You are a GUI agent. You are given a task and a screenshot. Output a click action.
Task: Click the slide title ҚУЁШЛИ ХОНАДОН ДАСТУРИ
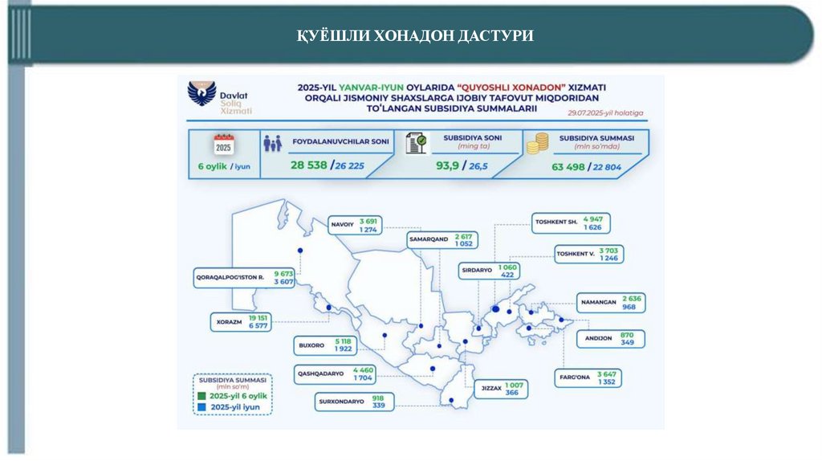[x=411, y=35]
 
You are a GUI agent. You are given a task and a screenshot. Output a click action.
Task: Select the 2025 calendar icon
[x=223, y=145]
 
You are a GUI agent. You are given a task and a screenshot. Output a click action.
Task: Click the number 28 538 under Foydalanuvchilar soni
[x=310, y=166]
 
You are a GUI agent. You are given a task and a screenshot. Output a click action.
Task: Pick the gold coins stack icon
[x=536, y=144]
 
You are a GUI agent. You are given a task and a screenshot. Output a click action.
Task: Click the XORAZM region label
[x=229, y=322]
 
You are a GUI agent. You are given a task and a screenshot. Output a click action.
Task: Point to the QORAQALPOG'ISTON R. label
[x=230, y=278]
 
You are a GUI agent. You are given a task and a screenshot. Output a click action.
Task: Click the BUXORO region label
[x=311, y=345]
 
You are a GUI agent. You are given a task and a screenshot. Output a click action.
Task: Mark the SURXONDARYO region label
[x=343, y=401]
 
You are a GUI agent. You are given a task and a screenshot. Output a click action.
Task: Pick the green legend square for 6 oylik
[x=201, y=396]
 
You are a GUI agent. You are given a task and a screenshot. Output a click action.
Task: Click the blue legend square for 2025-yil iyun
[x=201, y=407]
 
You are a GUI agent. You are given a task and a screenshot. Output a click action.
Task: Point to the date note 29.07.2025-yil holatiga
[x=604, y=115]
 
